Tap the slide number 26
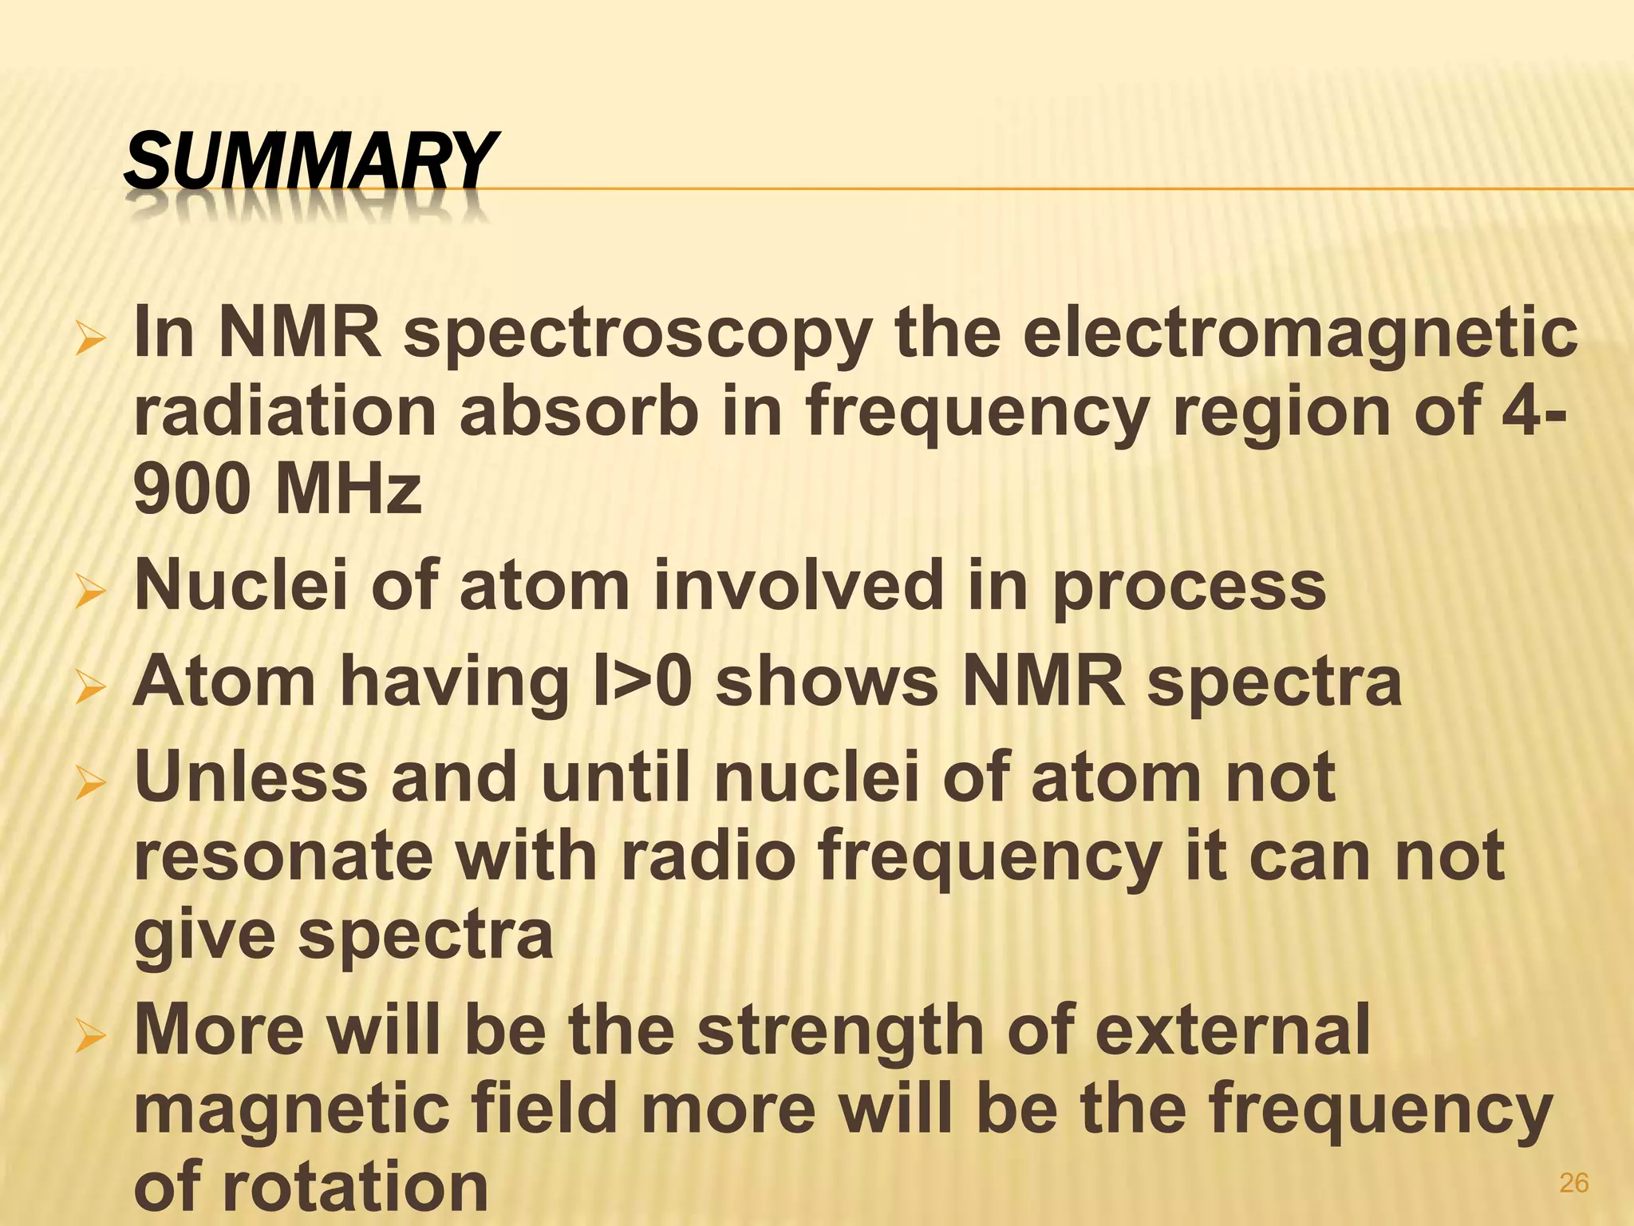(x=1573, y=1183)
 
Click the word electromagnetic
(x=1300, y=334)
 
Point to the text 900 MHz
(x=278, y=488)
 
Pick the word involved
(x=798, y=585)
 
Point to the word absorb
(x=579, y=411)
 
